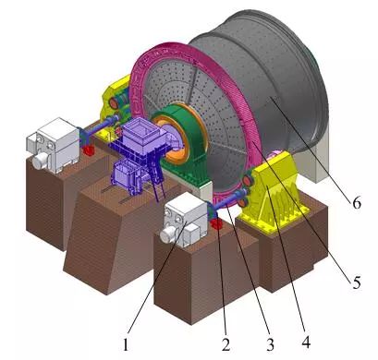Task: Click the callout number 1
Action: point(125,344)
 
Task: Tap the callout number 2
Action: point(226,344)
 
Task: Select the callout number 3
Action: point(270,344)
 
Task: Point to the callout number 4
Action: point(306,342)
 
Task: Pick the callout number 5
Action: point(357,282)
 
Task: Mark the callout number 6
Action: point(357,203)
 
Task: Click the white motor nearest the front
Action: point(184,221)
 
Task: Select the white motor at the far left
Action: point(53,144)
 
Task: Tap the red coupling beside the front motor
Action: point(215,223)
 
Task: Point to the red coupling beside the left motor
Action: point(89,150)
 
